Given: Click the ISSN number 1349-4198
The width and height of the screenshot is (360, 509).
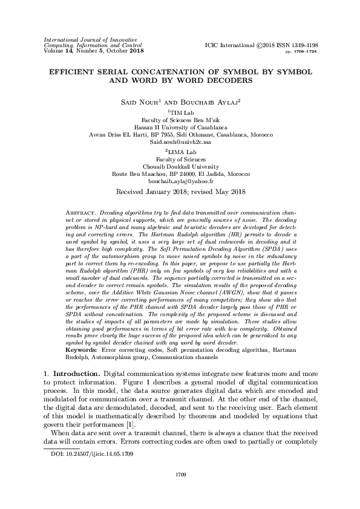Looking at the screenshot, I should coord(303,45).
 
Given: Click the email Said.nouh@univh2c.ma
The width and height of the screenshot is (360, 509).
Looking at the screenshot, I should coord(180,141).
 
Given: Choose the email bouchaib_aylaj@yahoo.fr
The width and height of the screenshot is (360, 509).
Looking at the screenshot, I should coord(180,181).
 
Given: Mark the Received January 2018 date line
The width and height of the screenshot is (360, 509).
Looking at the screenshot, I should coord(180,192).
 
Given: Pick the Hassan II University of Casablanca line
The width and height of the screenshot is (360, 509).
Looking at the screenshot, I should coord(180,127).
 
